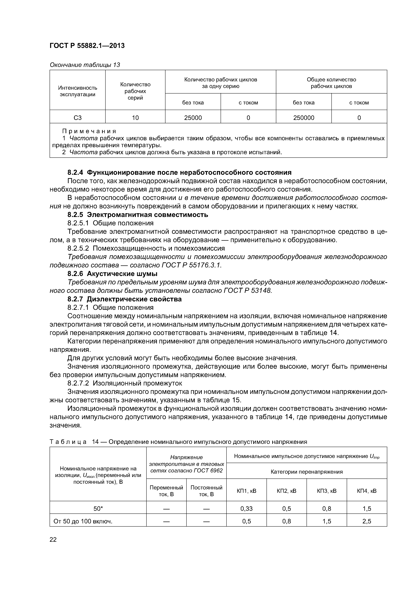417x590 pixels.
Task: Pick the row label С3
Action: pos(77,118)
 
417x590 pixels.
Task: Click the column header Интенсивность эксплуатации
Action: pos(77,91)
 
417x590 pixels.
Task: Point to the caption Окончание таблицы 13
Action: pos(85,65)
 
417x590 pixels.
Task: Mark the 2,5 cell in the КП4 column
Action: pos(367,521)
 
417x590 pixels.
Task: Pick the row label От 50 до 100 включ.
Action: pos(83,521)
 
